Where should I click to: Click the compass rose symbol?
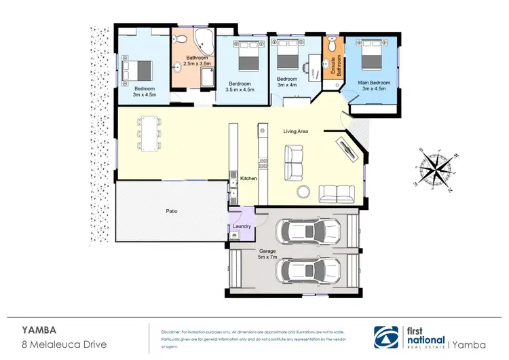click(436, 166)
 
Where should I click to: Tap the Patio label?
click(172, 211)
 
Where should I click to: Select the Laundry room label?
click(242, 226)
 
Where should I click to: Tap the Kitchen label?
click(249, 179)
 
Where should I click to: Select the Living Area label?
click(296, 132)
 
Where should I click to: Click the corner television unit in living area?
click(348, 149)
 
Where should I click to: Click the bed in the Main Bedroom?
click(371, 56)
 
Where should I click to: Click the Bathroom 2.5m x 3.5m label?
click(189, 60)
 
